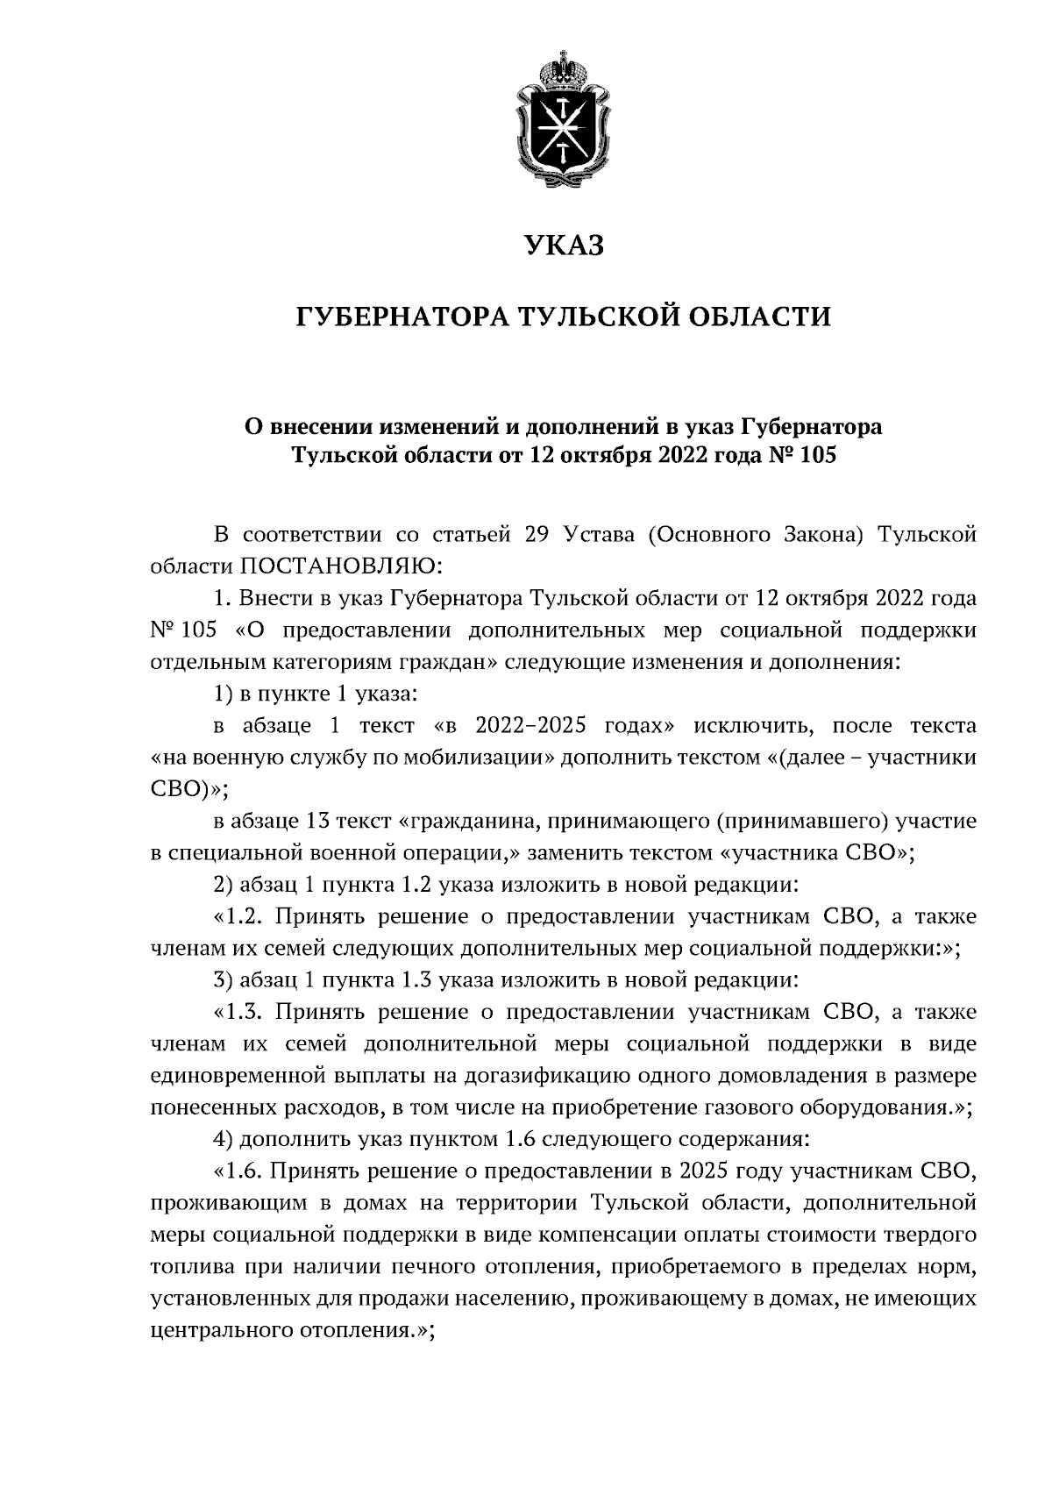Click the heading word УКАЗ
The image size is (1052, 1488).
click(x=565, y=245)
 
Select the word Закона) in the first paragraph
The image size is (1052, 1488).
click(x=817, y=535)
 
